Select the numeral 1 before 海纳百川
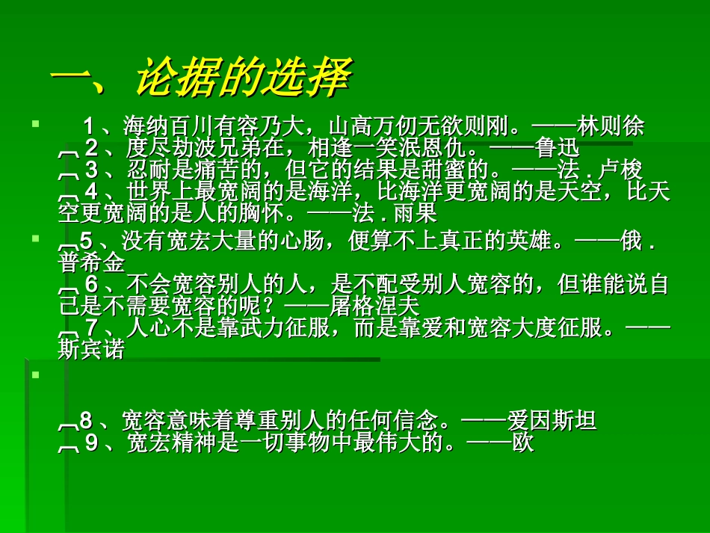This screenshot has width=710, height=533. pos(90,127)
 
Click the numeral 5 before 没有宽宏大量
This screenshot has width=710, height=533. pos(86,242)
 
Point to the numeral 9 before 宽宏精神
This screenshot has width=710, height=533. pos(91,443)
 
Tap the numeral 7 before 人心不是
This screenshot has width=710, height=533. pos(91,328)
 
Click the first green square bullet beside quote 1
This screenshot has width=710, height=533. pos(34,121)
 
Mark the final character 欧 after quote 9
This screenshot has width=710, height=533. pos(523,443)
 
